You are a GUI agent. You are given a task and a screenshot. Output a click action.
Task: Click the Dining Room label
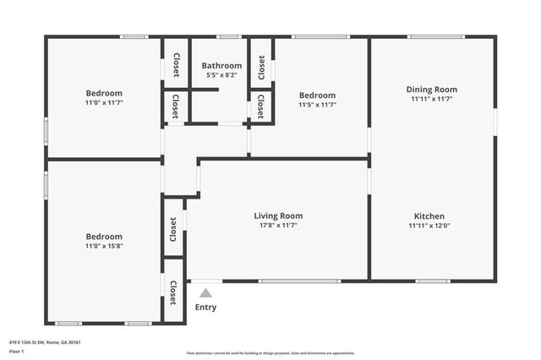click(431, 89)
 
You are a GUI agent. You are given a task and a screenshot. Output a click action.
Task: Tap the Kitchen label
click(429, 215)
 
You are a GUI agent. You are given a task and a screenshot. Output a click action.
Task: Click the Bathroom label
click(221, 66)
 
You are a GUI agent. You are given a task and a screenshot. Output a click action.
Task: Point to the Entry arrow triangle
click(205, 292)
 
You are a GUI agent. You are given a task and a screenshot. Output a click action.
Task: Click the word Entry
click(205, 308)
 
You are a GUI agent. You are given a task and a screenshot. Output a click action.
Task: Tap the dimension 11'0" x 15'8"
click(104, 246)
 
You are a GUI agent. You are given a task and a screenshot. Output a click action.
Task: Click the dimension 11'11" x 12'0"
click(429, 226)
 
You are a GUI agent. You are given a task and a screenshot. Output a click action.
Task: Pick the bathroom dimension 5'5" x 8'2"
click(221, 75)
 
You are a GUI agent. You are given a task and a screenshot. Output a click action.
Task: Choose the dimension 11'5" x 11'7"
click(317, 105)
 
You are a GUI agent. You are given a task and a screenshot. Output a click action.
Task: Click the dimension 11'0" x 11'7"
click(104, 102)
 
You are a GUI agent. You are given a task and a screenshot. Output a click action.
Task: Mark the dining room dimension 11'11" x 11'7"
click(431, 99)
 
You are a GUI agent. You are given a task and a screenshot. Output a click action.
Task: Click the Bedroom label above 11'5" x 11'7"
click(317, 95)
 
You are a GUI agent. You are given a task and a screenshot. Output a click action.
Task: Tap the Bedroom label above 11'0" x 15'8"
click(104, 237)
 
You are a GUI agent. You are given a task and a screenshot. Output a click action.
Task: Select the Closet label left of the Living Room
click(173, 226)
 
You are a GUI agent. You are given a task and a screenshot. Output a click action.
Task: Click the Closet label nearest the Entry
click(173, 292)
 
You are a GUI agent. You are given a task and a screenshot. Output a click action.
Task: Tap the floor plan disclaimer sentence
click(270, 353)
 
